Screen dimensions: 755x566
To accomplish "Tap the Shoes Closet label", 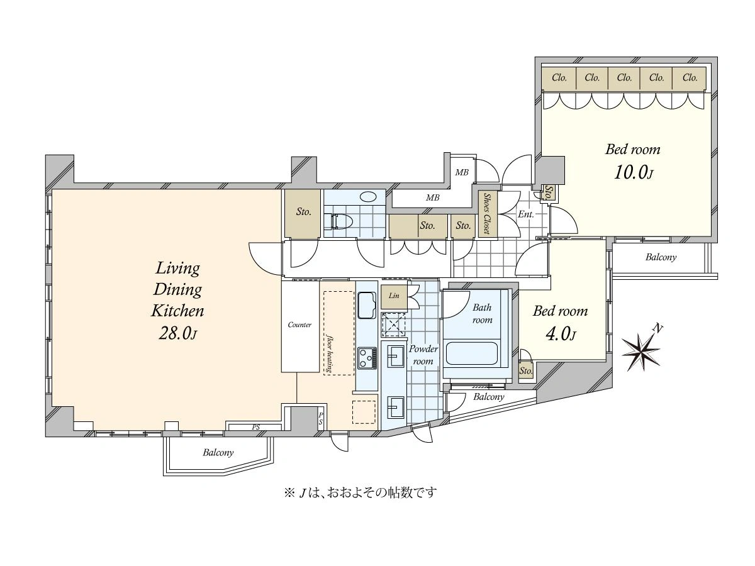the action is coord(488,213).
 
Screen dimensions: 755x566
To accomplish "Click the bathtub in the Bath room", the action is coord(471,354).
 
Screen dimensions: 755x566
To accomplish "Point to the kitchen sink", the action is coord(366,306).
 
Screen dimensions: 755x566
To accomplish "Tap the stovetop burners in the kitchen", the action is coord(367,358).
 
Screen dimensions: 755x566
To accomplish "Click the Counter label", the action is coord(299,325).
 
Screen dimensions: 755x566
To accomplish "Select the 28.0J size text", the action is coord(178,333).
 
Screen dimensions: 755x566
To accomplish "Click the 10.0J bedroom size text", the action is coord(634,173).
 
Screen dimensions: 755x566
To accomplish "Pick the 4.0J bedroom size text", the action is coord(561,335).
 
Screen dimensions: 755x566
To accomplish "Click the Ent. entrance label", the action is coord(526,214).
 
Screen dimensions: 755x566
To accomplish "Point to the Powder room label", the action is coord(423,355).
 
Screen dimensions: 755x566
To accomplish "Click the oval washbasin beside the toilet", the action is coord(369,197).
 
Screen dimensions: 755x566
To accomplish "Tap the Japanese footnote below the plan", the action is coord(360,492).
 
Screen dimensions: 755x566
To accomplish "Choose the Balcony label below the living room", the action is coord(218,452).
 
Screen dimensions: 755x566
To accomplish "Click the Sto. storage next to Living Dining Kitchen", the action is coord(303,213).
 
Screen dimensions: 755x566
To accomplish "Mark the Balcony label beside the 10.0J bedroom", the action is coord(661,257).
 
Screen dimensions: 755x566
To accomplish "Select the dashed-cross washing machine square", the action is coord(394,325).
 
